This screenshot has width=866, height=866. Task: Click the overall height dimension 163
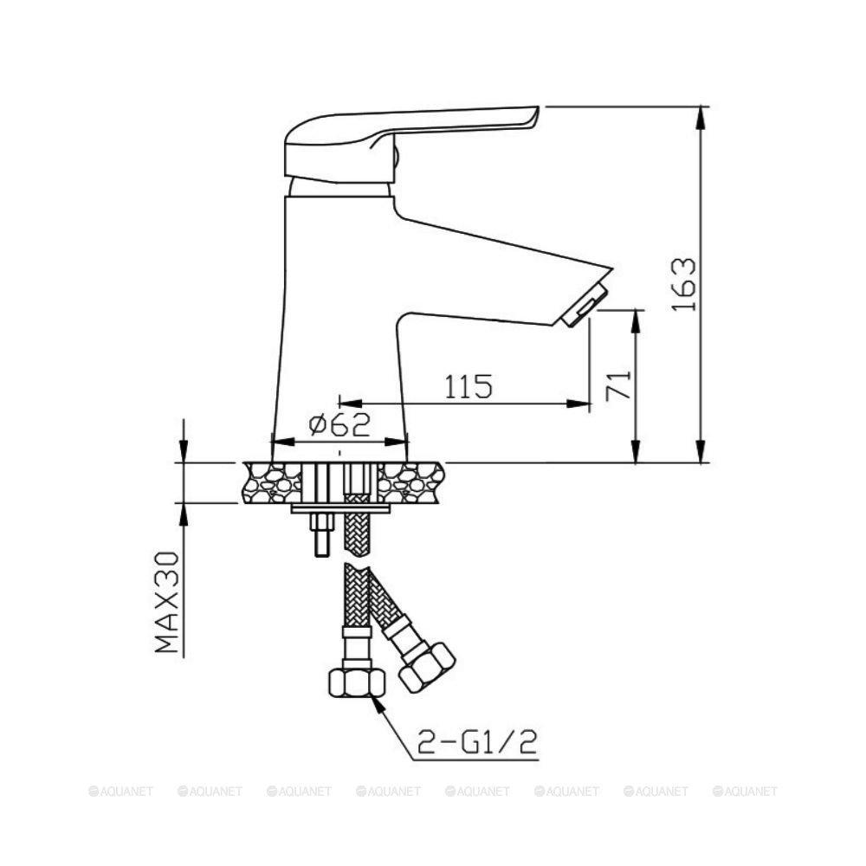pyautogui.click(x=683, y=285)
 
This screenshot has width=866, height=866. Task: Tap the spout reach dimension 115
pyautogui.click(x=469, y=386)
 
